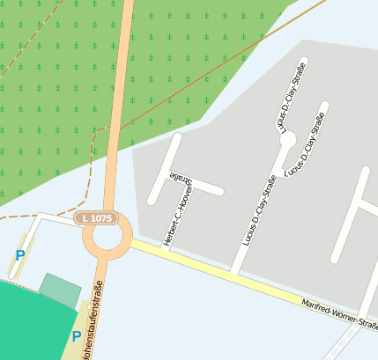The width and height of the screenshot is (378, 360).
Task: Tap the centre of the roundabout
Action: click(x=107, y=237)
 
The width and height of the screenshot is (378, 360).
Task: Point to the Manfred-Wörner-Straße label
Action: click(x=339, y=314)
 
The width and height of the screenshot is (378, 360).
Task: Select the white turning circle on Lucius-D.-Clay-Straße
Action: click(x=287, y=139)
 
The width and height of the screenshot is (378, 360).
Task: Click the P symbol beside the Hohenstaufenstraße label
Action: click(x=76, y=337)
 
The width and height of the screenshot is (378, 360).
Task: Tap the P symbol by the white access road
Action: click(x=19, y=256)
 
